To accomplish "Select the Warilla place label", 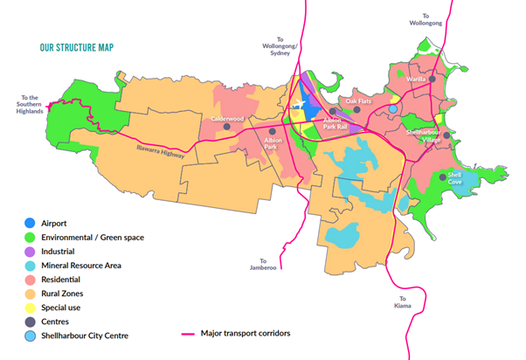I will click(417, 80).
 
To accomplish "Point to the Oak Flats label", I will click(358, 101).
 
